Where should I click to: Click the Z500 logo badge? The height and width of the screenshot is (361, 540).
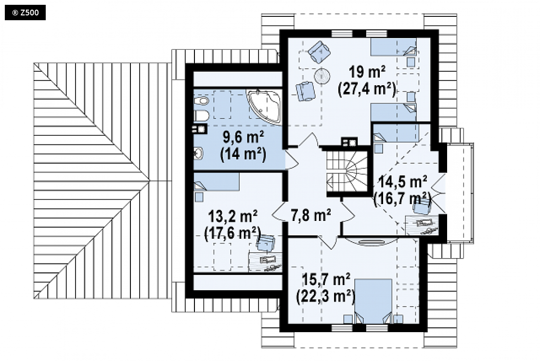[x=25, y=13]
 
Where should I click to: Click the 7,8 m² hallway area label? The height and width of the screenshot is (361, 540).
[x=311, y=216]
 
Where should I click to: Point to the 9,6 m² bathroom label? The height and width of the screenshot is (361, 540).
[x=244, y=137]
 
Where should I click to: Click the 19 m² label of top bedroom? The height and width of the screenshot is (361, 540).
[x=367, y=72]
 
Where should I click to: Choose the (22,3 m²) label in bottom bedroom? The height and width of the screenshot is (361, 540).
[x=325, y=296]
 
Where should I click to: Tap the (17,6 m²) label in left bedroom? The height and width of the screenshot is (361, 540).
[x=232, y=233]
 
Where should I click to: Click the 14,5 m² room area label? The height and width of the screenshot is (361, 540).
[x=402, y=181]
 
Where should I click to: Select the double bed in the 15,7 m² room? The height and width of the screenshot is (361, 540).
[x=373, y=301]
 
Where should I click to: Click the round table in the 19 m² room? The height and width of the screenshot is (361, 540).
[x=322, y=76]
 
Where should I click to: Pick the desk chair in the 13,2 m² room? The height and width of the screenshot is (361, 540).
[x=266, y=243]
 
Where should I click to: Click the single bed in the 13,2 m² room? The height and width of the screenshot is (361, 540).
[x=216, y=182]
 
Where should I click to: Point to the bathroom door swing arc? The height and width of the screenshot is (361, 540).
[x=291, y=159]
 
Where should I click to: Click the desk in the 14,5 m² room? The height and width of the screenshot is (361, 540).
[x=422, y=225]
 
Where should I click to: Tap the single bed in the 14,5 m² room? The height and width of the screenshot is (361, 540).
[x=396, y=133]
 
